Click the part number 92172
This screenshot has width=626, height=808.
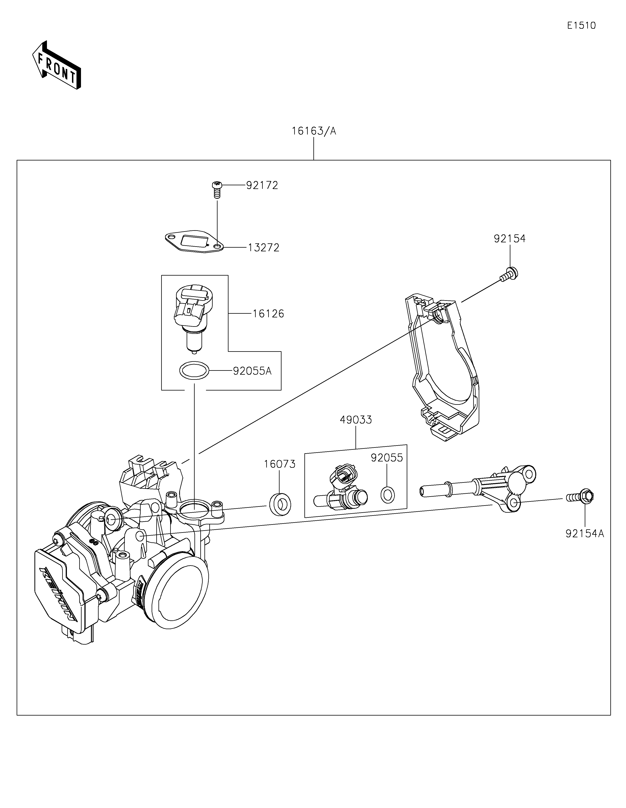(262, 185)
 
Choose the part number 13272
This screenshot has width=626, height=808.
(263, 247)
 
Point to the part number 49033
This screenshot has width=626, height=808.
(356, 420)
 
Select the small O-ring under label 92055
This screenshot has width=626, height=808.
(387, 495)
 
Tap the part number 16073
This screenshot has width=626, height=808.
(280, 464)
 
